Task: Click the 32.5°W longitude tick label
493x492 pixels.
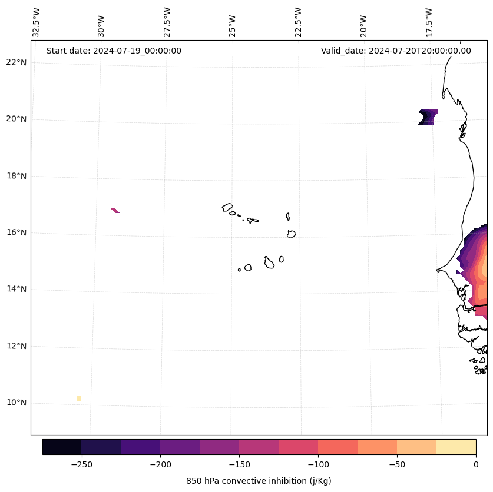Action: click(37, 22)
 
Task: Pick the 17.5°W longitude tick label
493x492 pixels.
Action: click(429, 22)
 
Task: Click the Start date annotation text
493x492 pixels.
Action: click(114, 51)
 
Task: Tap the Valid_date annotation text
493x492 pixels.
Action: click(396, 51)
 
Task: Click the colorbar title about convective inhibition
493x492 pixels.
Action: click(259, 481)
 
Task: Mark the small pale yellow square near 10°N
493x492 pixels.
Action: click(78, 398)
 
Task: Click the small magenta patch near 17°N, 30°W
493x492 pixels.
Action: click(115, 210)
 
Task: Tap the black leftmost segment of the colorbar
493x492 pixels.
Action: click(62, 447)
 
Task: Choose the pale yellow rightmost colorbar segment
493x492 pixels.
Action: click(456, 447)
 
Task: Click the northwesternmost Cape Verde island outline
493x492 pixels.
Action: click(227, 207)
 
